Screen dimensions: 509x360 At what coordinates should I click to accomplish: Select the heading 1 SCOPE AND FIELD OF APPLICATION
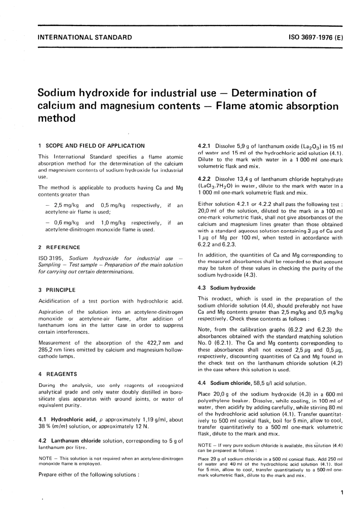(91, 146)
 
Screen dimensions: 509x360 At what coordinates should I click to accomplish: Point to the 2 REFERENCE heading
(59, 247)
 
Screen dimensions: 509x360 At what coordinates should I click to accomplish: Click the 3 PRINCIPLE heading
(57, 290)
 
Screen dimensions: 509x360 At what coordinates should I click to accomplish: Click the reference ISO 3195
(51, 258)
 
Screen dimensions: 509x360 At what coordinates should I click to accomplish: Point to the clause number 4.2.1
(204, 146)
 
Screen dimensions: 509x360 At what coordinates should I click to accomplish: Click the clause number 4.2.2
(204, 179)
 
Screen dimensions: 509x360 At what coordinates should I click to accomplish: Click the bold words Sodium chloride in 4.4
(230, 383)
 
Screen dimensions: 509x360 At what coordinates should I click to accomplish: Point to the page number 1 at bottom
(342, 493)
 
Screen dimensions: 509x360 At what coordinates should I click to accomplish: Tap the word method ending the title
(56, 118)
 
